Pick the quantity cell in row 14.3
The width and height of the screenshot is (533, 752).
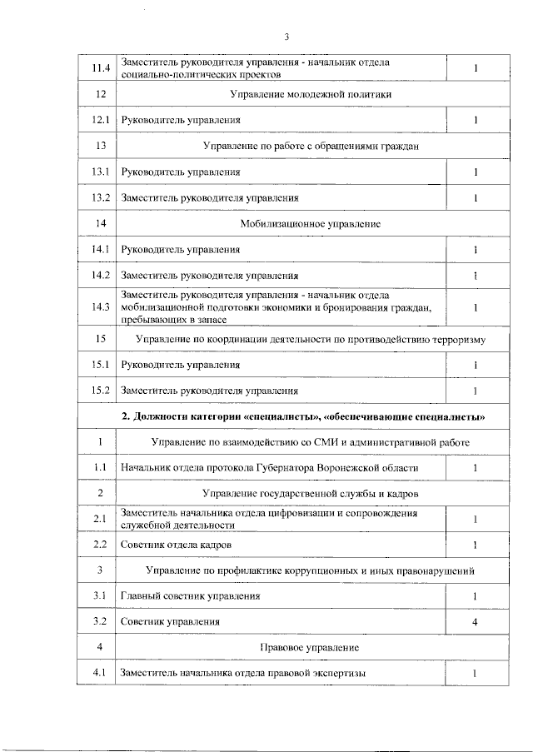point(475,307)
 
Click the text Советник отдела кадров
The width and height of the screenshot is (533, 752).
point(176,545)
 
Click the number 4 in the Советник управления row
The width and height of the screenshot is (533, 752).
point(475,622)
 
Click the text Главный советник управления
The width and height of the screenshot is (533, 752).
point(191,596)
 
